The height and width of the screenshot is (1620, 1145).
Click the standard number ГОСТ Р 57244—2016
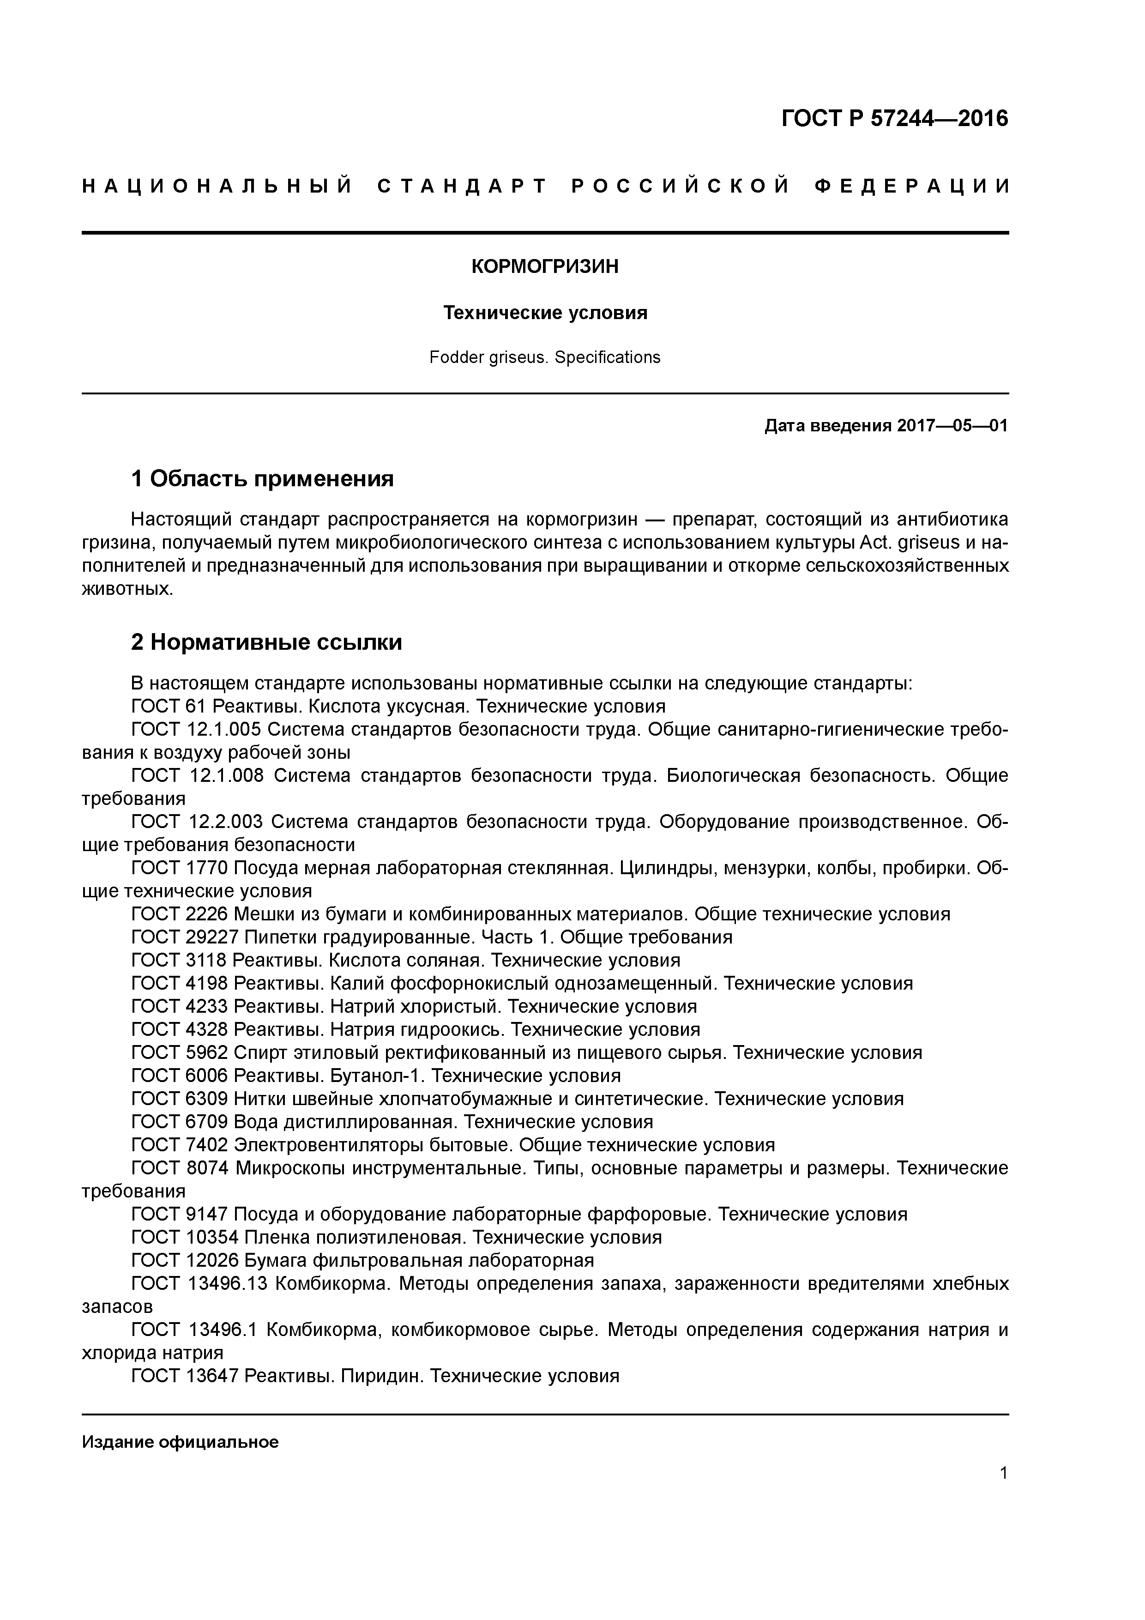895,119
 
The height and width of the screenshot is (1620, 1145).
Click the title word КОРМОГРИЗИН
545,267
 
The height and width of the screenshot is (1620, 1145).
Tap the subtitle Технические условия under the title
545,313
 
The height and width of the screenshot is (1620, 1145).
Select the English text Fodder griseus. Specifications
545,358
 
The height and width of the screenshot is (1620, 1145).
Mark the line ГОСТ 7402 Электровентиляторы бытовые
453,1145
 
